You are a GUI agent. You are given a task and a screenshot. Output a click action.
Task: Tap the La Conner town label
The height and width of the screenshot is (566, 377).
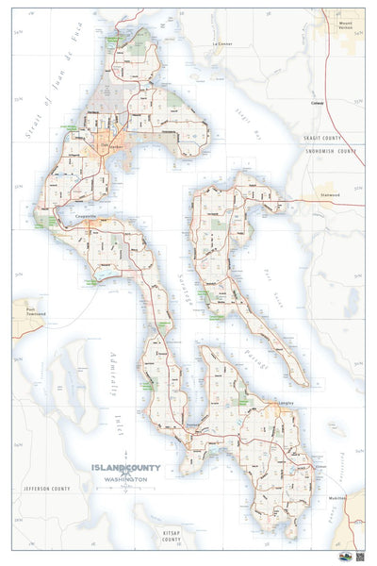222,44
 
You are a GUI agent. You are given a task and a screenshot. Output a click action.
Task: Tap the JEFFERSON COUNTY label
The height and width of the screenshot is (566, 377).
47,489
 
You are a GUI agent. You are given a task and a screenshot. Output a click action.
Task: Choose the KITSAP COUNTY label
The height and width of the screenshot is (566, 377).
171,536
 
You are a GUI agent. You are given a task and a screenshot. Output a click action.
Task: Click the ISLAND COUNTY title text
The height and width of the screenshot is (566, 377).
125,468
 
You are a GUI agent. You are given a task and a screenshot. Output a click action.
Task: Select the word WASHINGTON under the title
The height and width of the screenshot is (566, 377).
125,481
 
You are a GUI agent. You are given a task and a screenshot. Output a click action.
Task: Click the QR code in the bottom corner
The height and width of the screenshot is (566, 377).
359,558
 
